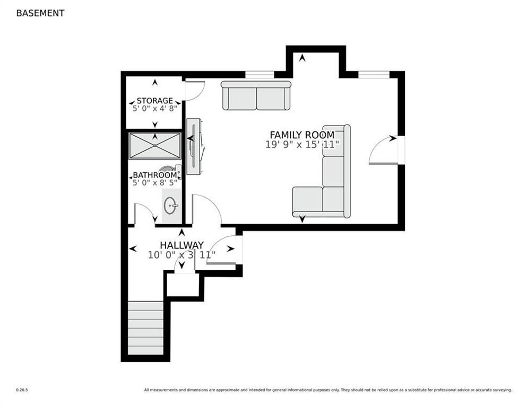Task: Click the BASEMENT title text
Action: pyautogui.click(x=40, y=13)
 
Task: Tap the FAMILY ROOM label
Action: pyautogui.click(x=302, y=135)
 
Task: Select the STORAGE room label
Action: pyautogui.click(x=154, y=101)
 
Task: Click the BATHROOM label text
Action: pyautogui.click(x=154, y=175)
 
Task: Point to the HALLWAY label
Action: pyautogui.click(x=182, y=245)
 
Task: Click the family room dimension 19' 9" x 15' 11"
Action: pyautogui.click(x=302, y=145)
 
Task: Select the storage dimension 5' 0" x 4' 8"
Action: pyautogui.click(x=154, y=109)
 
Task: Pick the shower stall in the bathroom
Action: pyautogui.click(x=155, y=146)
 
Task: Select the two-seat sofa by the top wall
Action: pyautogui.click(x=256, y=96)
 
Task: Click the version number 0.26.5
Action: pyautogui.click(x=22, y=390)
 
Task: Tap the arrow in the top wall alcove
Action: pyautogui.click(x=302, y=58)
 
